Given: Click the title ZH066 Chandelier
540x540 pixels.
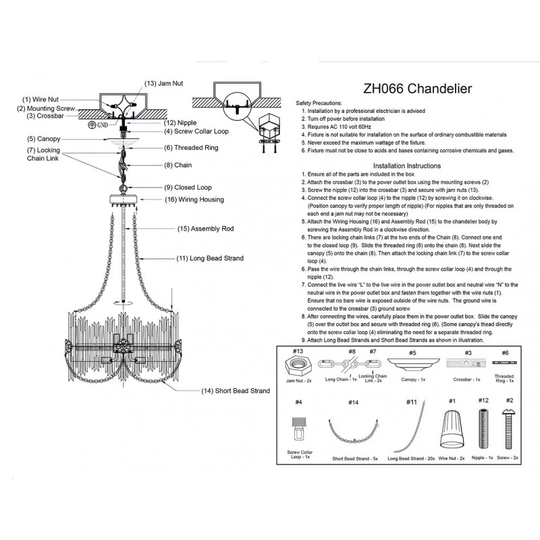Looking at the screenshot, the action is point(417,89).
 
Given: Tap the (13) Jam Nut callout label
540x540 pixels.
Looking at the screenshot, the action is point(163,83).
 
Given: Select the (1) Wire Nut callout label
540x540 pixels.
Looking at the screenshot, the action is point(40,99).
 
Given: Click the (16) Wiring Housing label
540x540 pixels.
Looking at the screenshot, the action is point(194,200).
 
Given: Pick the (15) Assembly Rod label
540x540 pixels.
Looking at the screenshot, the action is point(206,229).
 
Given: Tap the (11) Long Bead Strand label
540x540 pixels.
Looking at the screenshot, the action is point(210,259).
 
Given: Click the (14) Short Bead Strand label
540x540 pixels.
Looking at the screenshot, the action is point(236,391).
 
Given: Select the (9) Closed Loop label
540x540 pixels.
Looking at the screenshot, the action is point(188,188).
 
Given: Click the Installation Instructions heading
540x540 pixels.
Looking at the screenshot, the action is point(407,165).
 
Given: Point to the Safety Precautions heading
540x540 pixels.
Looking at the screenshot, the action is point(319,103).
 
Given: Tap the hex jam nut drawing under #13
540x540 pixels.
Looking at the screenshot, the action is point(298,366).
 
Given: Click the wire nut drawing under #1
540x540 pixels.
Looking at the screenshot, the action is point(452,429).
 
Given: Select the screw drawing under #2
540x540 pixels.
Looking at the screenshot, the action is point(509,429).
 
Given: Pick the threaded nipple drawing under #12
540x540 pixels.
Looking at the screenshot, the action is point(483,429).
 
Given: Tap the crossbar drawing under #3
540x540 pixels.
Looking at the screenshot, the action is point(466,363).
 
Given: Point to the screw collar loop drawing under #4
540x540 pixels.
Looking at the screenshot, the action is point(298,429).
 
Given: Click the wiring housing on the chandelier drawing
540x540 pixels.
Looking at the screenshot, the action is point(124,199).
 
